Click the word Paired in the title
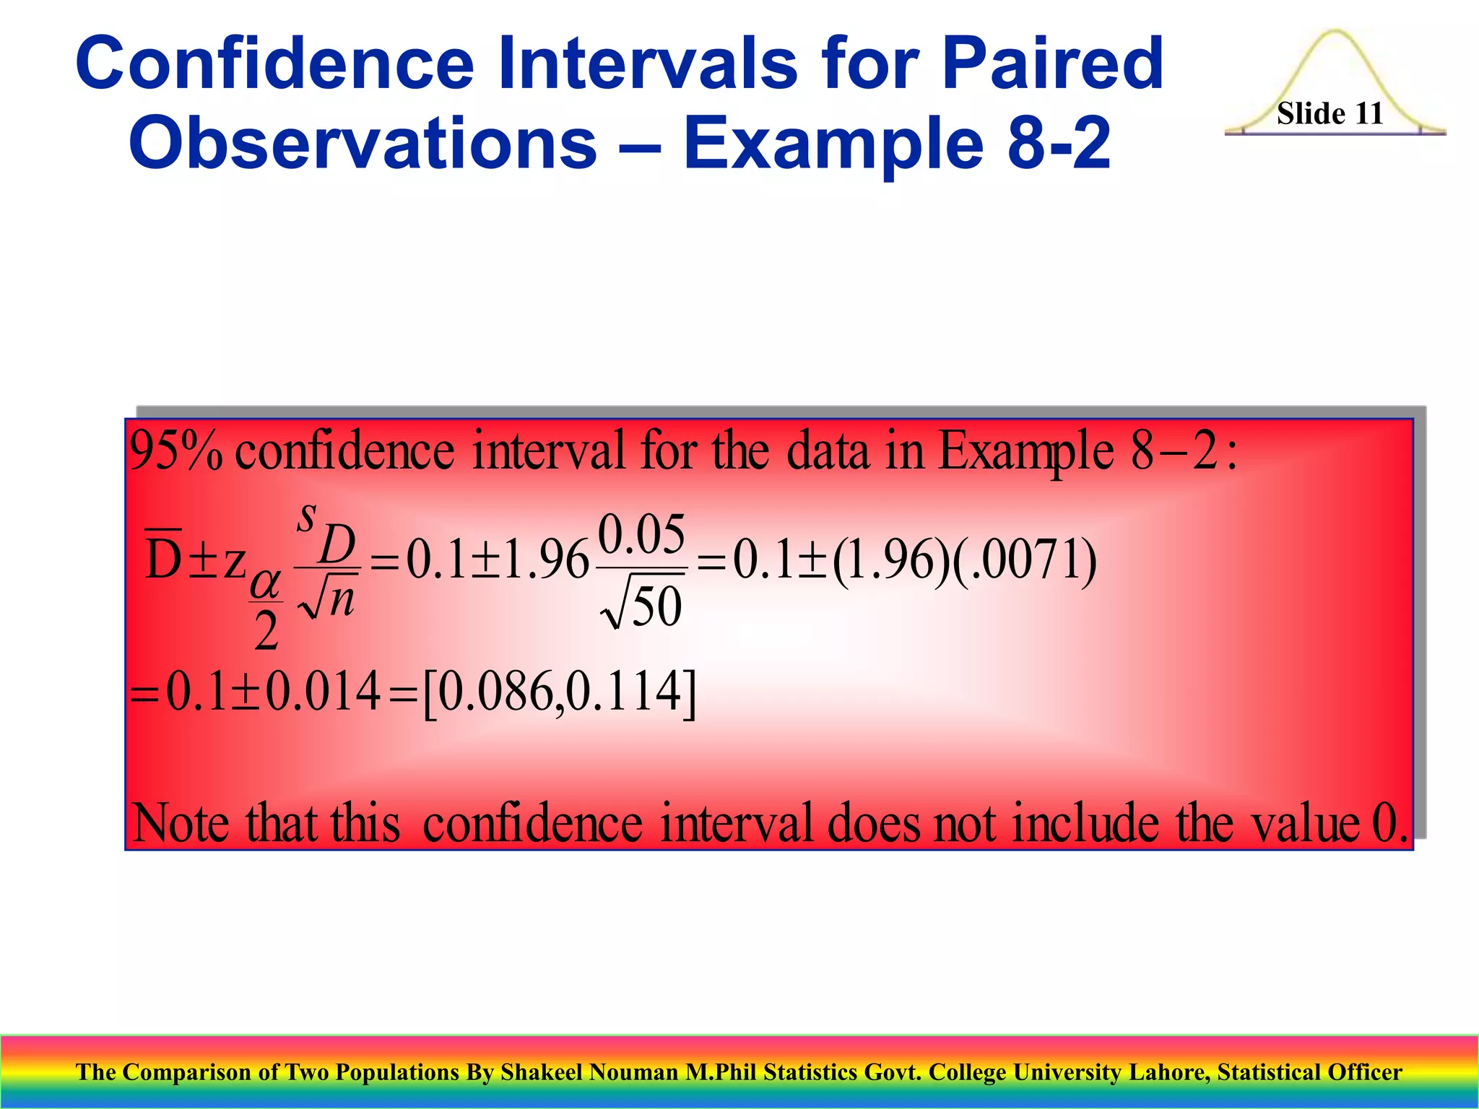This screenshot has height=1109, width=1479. (1052, 65)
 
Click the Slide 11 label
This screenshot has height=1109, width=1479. (1330, 113)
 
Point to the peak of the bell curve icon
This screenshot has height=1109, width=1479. (1335, 33)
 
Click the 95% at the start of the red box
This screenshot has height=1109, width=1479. (175, 452)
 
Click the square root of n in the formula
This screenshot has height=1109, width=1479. (327, 601)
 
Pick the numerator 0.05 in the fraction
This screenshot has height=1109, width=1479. (641, 535)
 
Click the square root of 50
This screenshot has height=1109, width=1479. (641, 606)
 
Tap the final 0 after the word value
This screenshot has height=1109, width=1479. (1382, 824)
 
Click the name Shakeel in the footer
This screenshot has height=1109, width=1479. (541, 1072)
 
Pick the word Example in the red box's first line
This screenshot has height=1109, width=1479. (1025, 452)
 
